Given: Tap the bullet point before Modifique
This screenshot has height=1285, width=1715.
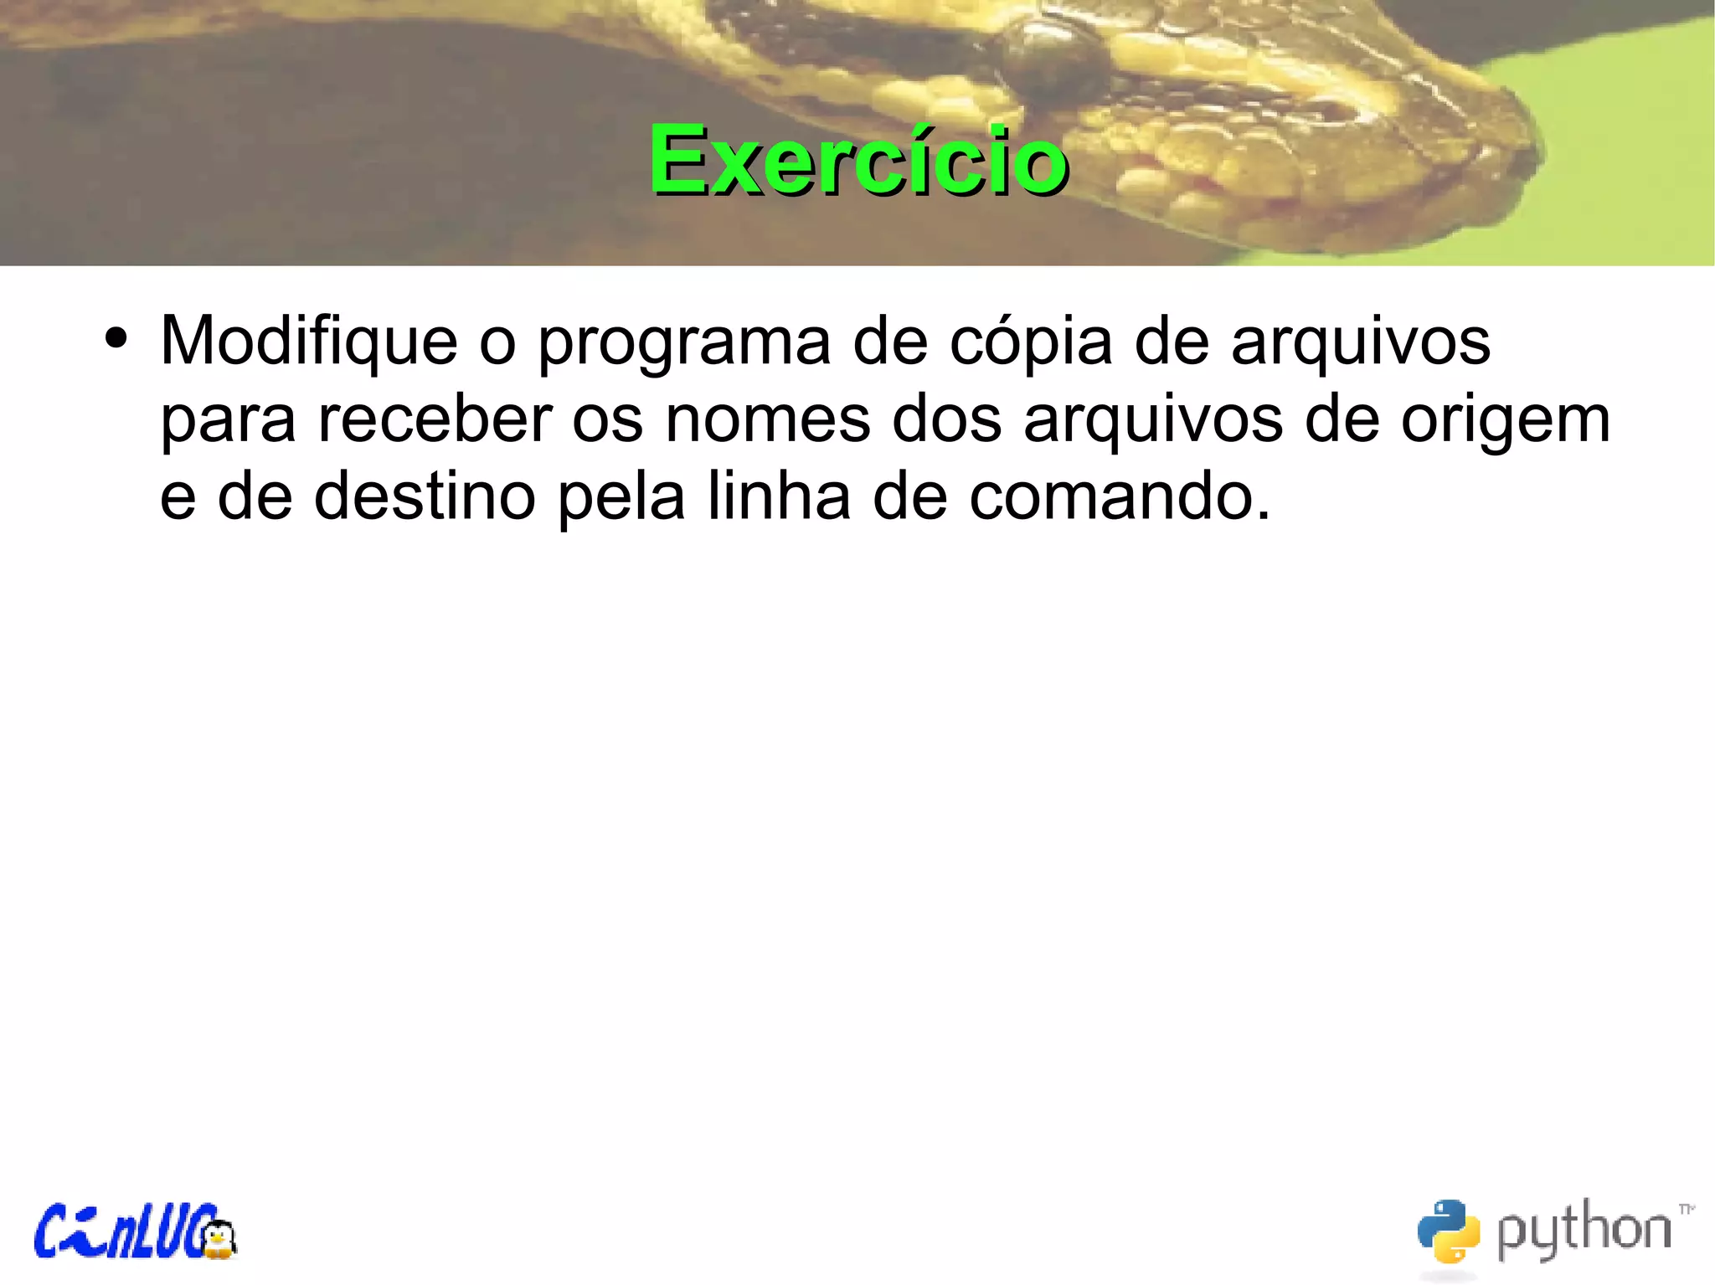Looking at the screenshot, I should click(x=116, y=339).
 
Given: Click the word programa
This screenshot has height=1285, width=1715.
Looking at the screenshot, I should click(x=684, y=343).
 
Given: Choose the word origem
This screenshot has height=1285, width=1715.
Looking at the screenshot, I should click(x=1505, y=421).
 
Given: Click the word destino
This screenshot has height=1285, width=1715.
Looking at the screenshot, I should click(x=425, y=496).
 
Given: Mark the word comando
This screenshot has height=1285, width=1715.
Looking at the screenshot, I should click(x=1120, y=496).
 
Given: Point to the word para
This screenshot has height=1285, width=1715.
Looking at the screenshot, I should click(x=228, y=421).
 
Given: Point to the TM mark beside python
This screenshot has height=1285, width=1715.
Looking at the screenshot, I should click(x=1687, y=1209).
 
